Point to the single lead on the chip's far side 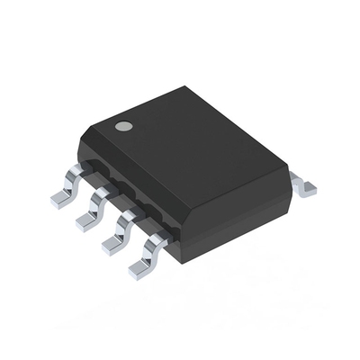tap(306, 184)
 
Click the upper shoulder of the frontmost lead tap(158, 238)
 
